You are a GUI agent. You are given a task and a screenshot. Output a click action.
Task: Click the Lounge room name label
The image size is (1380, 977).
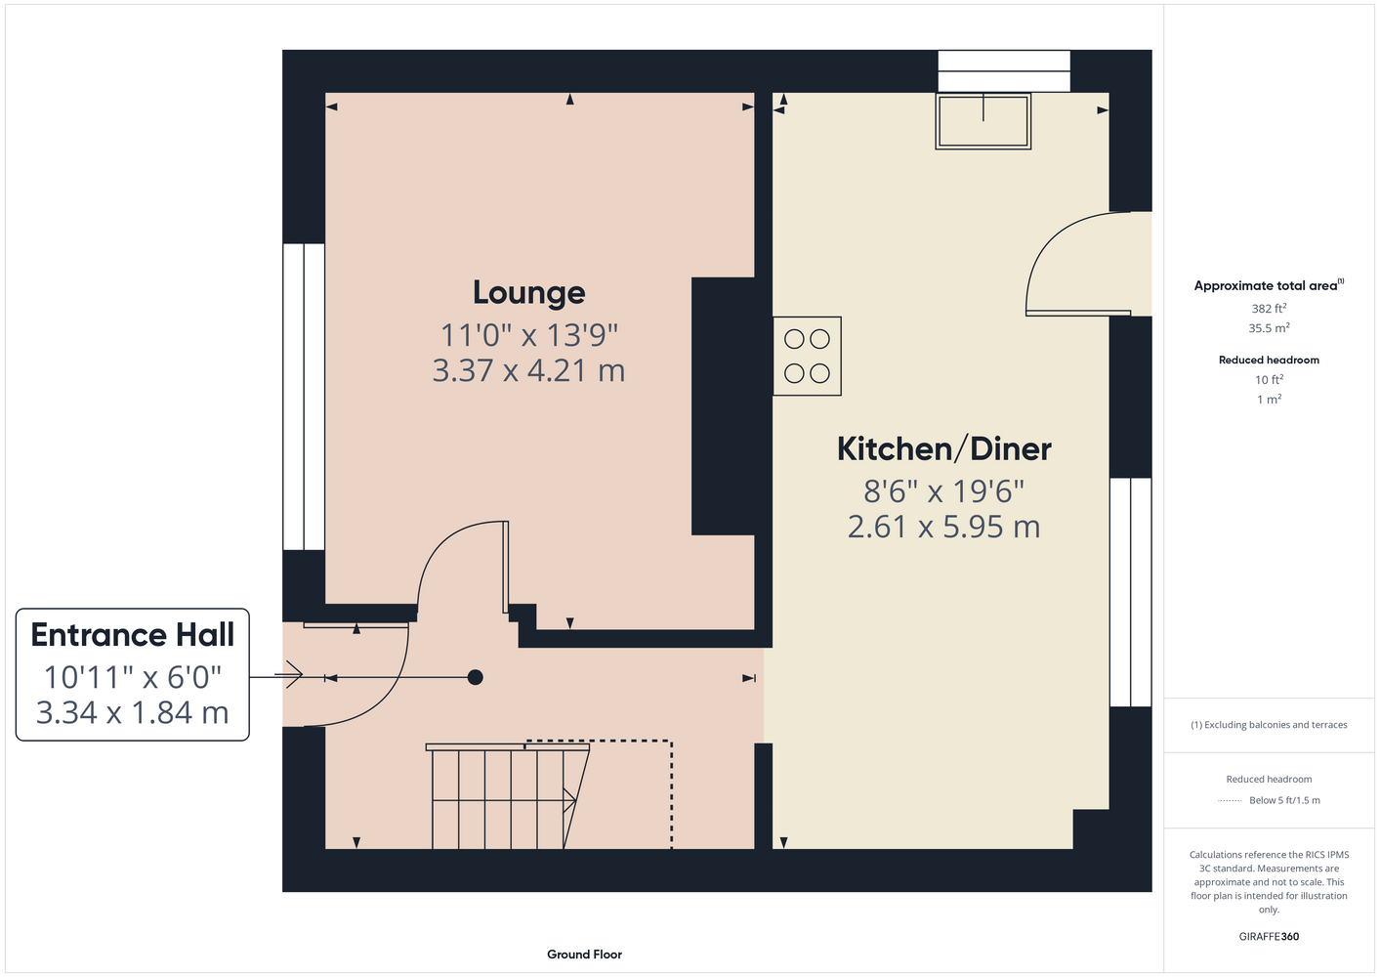[528, 293]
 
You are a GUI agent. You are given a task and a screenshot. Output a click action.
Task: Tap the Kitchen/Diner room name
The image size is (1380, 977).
[943, 448]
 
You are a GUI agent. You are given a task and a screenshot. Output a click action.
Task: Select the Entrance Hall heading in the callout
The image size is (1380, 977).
[133, 635]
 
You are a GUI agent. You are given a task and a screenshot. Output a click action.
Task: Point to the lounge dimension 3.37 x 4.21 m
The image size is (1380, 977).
[528, 370]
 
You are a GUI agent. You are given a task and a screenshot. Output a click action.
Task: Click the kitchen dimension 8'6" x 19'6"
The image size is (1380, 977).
[943, 491]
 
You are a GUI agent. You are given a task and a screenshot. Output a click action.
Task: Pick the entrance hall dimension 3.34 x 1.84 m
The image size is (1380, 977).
[133, 712]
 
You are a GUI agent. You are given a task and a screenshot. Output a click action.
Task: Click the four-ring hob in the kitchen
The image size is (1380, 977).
[807, 357]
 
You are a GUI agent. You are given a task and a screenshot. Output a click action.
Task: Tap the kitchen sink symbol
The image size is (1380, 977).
[983, 121]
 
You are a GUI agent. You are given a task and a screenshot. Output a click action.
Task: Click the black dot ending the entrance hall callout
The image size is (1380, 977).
[475, 677]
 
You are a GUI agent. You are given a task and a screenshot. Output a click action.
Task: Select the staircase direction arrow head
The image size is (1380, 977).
[570, 800]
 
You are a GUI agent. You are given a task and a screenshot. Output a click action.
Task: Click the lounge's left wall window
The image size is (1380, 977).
[304, 397]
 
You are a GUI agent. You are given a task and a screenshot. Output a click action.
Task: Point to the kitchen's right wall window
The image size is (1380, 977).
[1131, 592]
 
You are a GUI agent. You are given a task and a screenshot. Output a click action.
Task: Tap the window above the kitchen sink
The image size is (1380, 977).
[1004, 71]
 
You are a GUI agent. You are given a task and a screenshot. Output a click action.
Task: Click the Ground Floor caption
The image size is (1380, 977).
[585, 955]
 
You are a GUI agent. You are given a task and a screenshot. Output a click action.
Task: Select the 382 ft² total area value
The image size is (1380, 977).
[1269, 308]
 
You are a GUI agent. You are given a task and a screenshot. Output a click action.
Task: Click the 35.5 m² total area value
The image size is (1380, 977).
[1269, 328]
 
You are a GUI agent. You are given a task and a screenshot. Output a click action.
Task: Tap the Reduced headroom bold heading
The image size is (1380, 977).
[1269, 360]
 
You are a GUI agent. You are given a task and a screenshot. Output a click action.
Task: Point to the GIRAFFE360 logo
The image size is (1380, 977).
[1269, 936]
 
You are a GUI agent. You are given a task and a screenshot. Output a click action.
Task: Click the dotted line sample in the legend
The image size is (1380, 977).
[1230, 801]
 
